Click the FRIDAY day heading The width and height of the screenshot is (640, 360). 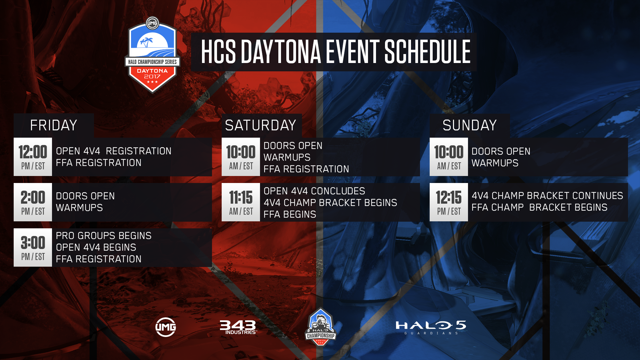pos(53,125)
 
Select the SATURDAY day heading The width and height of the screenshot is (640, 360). pos(260,125)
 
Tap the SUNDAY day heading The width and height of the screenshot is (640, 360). pos(469,125)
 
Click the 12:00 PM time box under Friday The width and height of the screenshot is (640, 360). pos(33,157)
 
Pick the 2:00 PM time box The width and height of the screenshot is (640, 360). pos(33,202)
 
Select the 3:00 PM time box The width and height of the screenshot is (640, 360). pos(33,247)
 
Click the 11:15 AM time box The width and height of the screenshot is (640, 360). pos(241,202)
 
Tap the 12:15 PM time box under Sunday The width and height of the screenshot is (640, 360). pos(449,202)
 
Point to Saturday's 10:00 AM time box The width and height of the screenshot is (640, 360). pos(241,157)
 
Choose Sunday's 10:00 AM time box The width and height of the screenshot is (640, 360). pos(449,157)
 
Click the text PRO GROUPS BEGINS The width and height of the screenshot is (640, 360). pos(104,236)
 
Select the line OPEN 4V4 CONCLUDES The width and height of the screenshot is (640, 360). pos(314,191)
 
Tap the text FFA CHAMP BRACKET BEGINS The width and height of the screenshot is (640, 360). pos(539,207)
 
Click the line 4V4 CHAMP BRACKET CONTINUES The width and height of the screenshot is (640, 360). pos(547,196)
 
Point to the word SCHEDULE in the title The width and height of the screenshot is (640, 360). pos(427,51)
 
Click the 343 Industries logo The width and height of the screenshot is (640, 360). pos(238,327)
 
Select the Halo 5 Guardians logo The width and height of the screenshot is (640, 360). pos(431,327)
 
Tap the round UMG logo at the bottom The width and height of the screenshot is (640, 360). pos(166,327)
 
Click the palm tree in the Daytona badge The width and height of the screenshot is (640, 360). pos(146,42)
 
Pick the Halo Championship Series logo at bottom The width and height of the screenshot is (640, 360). pos(320,327)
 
